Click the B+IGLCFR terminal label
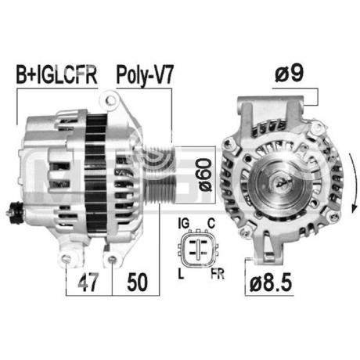coord(56,75)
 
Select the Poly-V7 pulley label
coord(145,76)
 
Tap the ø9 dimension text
coord(290,73)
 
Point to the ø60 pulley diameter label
coord(204,175)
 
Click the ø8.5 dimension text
coord(271,283)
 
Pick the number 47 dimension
coord(88,282)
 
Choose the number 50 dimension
coord(137,282)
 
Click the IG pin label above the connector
coord(183,223)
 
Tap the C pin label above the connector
coord(211,223)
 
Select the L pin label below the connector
coord(181,274)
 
